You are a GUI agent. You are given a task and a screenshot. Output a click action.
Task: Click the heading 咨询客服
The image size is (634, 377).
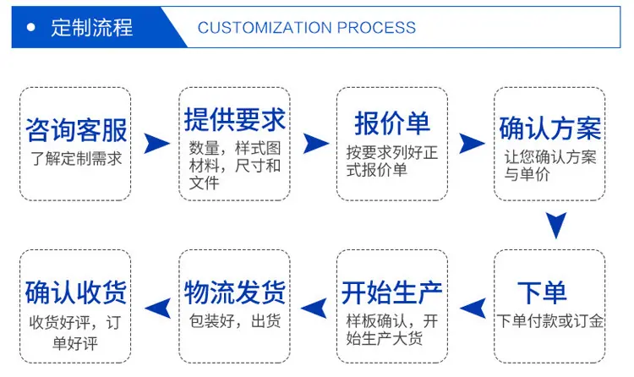[76, 130]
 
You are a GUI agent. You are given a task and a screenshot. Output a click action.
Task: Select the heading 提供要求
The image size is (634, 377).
[234, 120]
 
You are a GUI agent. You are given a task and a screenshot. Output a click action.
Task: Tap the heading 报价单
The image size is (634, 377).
[391, 123]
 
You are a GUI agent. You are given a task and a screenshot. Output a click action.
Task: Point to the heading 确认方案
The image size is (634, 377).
[550, 128]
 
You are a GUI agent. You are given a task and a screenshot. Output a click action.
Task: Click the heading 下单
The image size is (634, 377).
[542, 292]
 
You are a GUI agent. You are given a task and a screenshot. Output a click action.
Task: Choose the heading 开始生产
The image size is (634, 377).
[391, 292]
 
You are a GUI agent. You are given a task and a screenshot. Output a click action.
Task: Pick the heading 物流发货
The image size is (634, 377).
[234, 292]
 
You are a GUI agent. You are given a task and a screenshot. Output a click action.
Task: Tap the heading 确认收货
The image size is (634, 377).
[76, 292]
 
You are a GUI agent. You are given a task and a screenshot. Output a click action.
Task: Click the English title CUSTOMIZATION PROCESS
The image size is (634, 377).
[307, 28]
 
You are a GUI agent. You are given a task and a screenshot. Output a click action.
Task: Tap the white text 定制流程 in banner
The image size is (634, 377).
[92, 28]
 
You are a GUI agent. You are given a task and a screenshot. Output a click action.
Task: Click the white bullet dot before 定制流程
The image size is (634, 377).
[30, 28]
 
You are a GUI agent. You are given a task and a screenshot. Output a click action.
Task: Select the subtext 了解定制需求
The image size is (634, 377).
[76, 158]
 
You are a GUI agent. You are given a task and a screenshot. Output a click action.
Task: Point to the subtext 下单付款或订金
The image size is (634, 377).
[550, 320]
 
